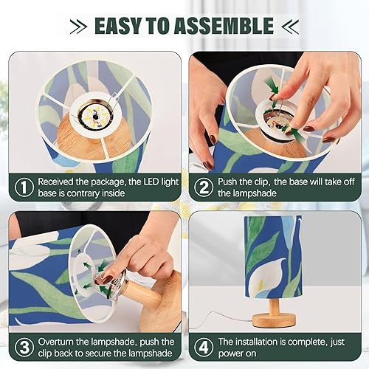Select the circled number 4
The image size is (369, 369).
click(x=203, y=347)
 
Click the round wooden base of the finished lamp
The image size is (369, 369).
click(x=274, y=320)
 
